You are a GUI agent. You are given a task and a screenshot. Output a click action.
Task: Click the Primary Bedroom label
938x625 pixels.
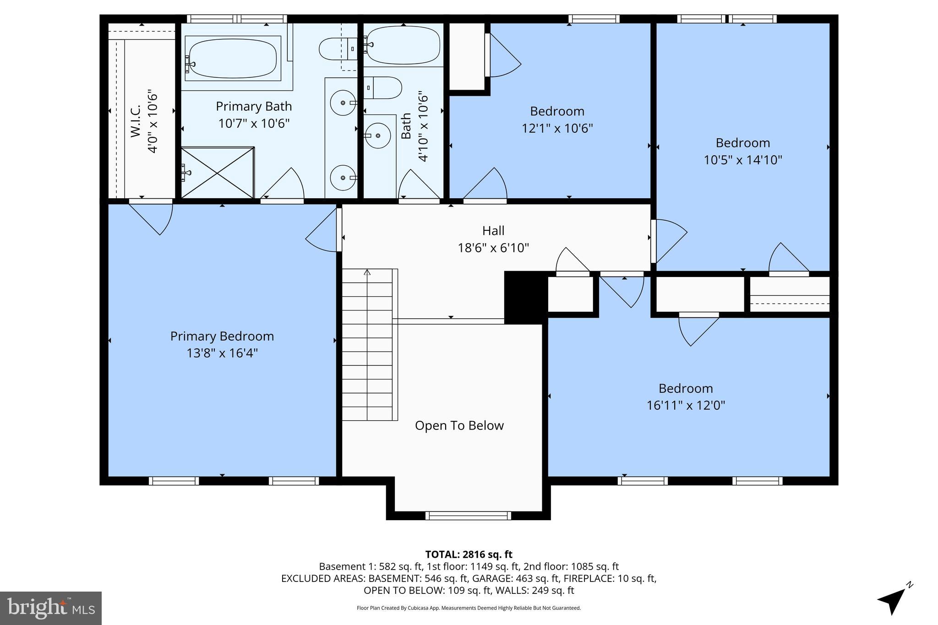tap(222, 336)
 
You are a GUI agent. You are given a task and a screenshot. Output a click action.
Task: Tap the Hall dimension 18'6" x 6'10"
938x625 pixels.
tap(493, 248)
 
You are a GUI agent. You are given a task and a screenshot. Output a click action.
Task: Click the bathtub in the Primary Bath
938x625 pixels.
tap(233, 59)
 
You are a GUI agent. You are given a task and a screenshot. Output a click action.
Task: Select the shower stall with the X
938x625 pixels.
tap(217, 173)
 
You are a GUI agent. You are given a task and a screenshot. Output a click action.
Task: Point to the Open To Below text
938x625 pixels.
tap(459, 425)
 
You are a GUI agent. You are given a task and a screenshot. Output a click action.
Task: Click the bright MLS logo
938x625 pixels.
tap(51, 608)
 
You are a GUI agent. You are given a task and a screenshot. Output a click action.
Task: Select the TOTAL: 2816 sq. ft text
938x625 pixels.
tap(469, 554)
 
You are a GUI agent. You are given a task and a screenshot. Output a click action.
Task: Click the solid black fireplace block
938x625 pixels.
tap(525, 297)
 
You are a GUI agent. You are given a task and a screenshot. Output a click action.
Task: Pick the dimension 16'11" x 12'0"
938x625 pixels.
tap(686, 405)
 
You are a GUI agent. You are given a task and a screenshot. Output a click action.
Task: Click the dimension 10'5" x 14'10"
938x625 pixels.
tap(742, 160)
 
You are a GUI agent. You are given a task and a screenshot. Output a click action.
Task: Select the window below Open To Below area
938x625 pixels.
tap(468, 516)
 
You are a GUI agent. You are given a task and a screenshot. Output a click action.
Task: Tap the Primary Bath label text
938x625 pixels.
tap(254, 106)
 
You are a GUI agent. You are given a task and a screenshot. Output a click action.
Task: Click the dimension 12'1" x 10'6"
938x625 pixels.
tap(557, 128)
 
